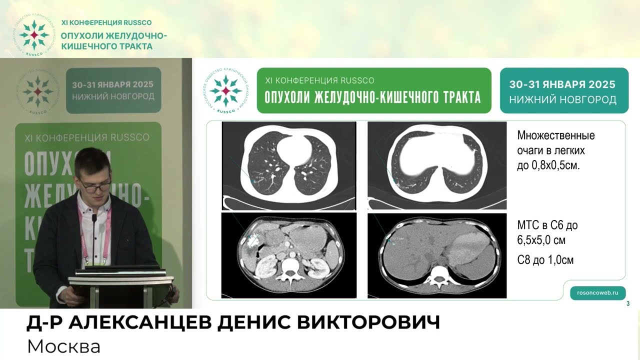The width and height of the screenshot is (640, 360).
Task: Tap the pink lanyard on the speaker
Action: tap(106, 235)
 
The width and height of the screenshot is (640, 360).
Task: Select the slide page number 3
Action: tap(628, 304)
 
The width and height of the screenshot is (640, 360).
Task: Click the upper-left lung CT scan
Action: tap(289, 166)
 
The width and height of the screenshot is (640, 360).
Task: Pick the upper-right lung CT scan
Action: tap(436, 166)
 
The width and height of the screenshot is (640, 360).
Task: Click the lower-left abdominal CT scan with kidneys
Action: tap(288, 255)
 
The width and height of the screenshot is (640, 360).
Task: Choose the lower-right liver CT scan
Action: tap(436, 255)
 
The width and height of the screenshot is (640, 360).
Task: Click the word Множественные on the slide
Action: tap(556, 135)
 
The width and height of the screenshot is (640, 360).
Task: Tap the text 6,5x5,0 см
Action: tap(541, 240)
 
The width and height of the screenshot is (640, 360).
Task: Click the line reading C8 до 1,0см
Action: tap(545, 260)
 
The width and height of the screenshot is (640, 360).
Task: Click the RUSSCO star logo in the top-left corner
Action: tap(34, 35)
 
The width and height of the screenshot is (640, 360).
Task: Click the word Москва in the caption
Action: tap(63, 346)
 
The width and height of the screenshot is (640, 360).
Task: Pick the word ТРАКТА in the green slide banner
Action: tap(452, 97)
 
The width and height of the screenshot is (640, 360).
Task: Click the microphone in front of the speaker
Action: tap(93, 235)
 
